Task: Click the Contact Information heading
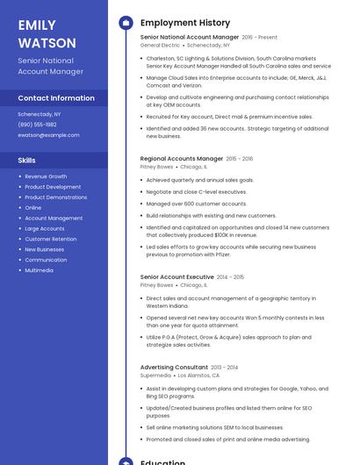pos(56,98)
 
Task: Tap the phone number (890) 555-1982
pos(37,125)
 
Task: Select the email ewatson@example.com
pos(48,135)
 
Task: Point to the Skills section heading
pos(26,161)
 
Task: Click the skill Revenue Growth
pos(46,176)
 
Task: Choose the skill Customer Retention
pos(50,239)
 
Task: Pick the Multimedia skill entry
pos(39,270)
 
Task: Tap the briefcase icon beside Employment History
pos(126,22)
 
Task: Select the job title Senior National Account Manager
pos(189,38)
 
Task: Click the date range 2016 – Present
pos(259,38)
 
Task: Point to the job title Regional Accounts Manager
pos(181,159)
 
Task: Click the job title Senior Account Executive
pos(176,277)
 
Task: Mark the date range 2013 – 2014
pos(225,368)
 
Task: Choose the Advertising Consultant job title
pos(173,368)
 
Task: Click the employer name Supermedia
pos(155,375)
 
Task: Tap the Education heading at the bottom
pos(162,461)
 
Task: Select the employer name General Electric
pos(160,45)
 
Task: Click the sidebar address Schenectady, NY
pos(40,114)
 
